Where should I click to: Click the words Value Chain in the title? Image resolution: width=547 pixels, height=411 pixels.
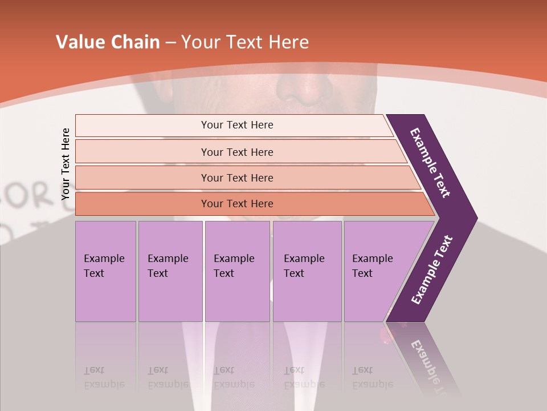click(x=108, y=42)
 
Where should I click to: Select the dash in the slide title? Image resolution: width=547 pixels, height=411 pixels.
click(x=170, y=42)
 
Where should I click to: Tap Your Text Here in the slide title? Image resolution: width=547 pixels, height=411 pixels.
click(x=245, y=42)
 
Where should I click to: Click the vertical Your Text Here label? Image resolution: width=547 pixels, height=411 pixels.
click(x=66, y=164)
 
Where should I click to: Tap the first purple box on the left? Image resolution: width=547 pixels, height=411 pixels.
click(x=105, y=271)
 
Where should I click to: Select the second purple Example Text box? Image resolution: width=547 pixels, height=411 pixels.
click(x=170, y=271)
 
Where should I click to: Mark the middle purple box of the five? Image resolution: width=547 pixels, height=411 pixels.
click(x=237, y=271)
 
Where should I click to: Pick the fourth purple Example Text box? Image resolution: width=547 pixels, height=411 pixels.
click(x=307, y=271)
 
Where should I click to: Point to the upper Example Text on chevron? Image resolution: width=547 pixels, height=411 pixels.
click(x=430, y=163)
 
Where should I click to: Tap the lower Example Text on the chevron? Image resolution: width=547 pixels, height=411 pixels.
click(x=432, y=270)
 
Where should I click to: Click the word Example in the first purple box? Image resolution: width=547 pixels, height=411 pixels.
click(x=104, y=259)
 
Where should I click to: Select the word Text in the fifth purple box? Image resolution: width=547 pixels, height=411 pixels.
click(x=362, y=273)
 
